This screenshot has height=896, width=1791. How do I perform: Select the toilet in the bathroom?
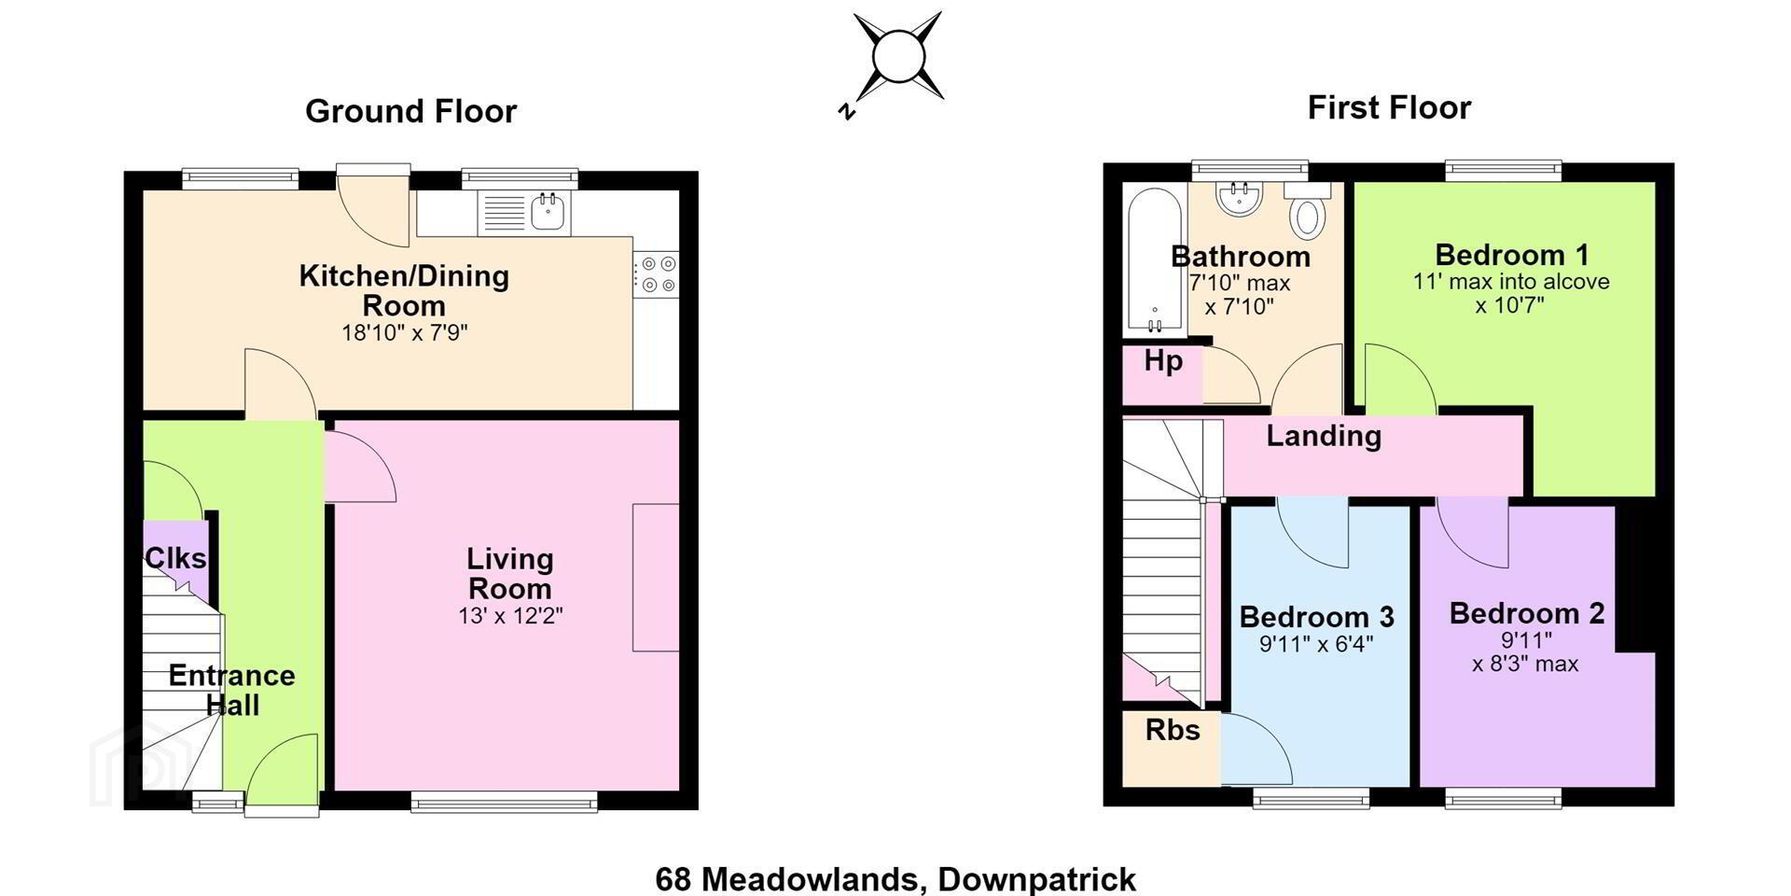(1308, 209)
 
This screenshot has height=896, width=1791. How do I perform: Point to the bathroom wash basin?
(1240, 197)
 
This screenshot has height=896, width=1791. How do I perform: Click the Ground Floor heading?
(410, 112)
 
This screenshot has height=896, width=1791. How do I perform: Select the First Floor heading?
(1389, 108)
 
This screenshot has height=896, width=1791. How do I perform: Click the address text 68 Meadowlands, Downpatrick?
(895, 879)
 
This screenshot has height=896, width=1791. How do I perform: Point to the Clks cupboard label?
(175, 559)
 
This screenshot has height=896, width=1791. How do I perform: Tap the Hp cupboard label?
(1163, 362)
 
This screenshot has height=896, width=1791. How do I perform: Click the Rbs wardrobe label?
(1173, 730)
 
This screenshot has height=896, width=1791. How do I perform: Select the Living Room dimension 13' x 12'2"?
(510, 616)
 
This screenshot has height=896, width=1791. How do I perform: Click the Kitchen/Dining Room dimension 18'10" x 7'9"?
(404, 332)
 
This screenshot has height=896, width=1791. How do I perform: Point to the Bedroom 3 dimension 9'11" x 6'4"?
(1316, 644)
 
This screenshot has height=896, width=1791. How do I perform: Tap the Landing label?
(1324, 436)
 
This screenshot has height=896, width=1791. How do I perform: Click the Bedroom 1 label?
(1511, 255)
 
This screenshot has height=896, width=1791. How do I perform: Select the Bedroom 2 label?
(1527, 613)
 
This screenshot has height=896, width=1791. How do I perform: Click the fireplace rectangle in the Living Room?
(656, 577)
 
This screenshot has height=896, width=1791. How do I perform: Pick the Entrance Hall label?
(231, 690)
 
